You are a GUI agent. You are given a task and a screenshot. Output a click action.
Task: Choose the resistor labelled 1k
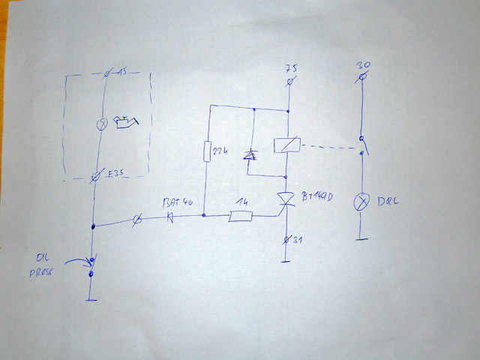click(240, 217)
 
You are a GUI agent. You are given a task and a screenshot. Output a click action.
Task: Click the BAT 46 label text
click(178, 202)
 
